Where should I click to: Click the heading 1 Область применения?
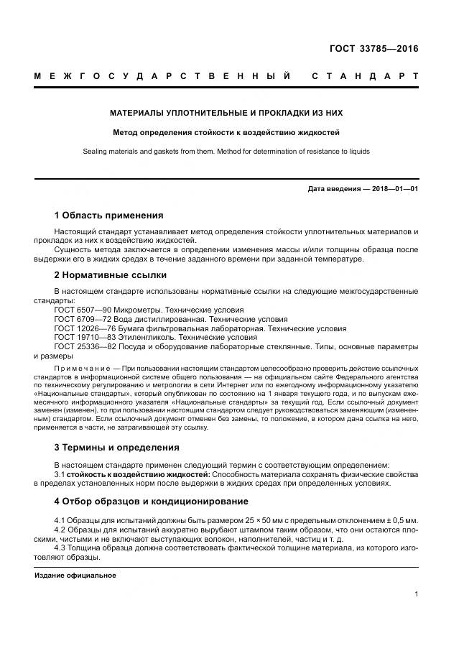point(108,216)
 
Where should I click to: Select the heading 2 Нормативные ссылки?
point(110,274)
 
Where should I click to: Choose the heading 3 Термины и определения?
point(116,447)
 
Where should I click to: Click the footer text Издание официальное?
point(75,576)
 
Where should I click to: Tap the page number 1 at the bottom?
point(416,594)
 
